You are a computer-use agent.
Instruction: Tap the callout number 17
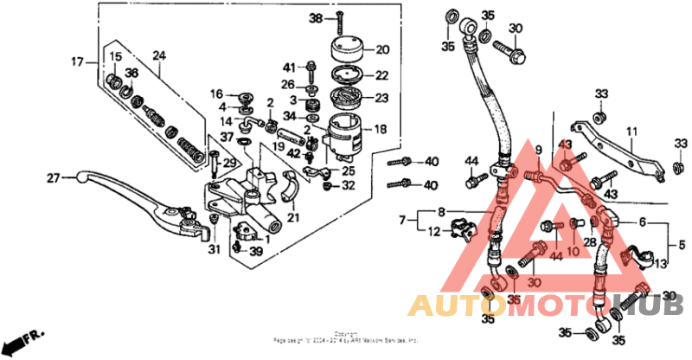point(78,61)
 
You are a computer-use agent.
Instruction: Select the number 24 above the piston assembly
point(158,56)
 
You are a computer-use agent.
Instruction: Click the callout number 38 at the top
point(316,18)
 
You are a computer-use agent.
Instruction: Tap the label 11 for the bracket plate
point(631,132)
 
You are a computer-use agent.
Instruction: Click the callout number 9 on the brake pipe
point(537,150)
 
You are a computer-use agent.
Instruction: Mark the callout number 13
point(661,264)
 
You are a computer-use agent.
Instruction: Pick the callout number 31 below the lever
point(214,251)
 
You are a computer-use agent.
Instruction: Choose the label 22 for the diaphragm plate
point(381,75)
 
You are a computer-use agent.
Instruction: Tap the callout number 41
point(289,66)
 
